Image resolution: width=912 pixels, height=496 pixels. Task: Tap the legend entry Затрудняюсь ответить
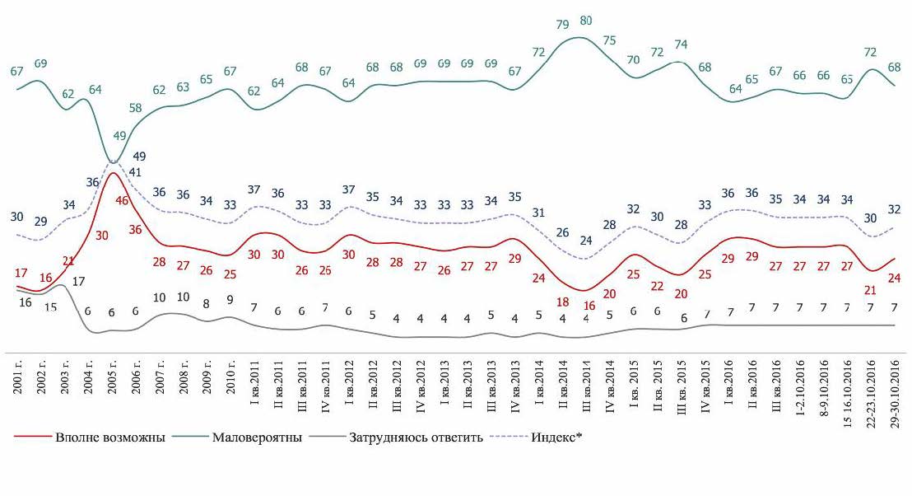point(416,437)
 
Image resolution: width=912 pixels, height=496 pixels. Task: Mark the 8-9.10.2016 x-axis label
point(824,386)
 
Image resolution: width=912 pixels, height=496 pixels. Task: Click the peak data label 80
point(586,21)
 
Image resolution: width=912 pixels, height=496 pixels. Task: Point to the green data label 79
point(563,25)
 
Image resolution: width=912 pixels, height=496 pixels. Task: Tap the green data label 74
point(681,44)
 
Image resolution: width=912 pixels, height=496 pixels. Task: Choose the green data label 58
point(136,108)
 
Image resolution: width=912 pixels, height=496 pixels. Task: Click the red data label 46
point(122,200)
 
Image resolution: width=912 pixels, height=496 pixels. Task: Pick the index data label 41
point(136,172)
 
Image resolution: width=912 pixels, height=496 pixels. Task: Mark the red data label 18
point(563,302)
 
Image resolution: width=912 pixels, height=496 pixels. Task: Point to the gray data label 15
point(51,306)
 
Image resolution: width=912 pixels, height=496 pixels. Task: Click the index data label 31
point(539,213)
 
